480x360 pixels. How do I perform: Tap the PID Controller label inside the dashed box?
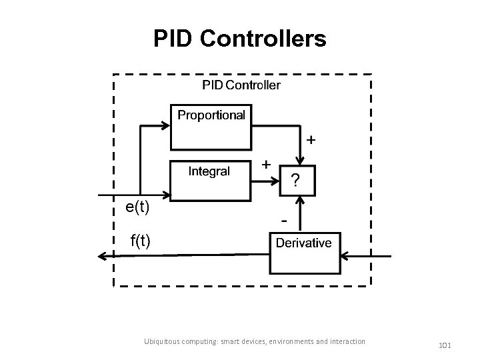click(x=241, y=85)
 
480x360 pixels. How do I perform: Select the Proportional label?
click(x=211, y=115)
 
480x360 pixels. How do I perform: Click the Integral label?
click(x=209, y=171)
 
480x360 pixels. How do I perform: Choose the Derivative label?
click(x=303, y=243)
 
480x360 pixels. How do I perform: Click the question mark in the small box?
click(x=295, y=181)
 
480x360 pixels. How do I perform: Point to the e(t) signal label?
click(x=137, y=207)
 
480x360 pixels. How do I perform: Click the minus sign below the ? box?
click(x=285, y=219)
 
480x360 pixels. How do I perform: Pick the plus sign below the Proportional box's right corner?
click(x=311, y=141)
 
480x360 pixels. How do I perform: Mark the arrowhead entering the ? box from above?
click(x=302, y=161)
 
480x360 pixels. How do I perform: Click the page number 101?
click(x=445, y=345)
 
